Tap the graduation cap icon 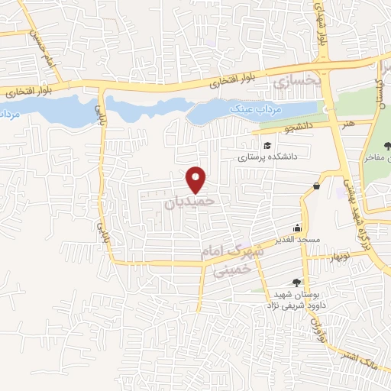tap(267, 146)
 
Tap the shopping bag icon tap(317, 186)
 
